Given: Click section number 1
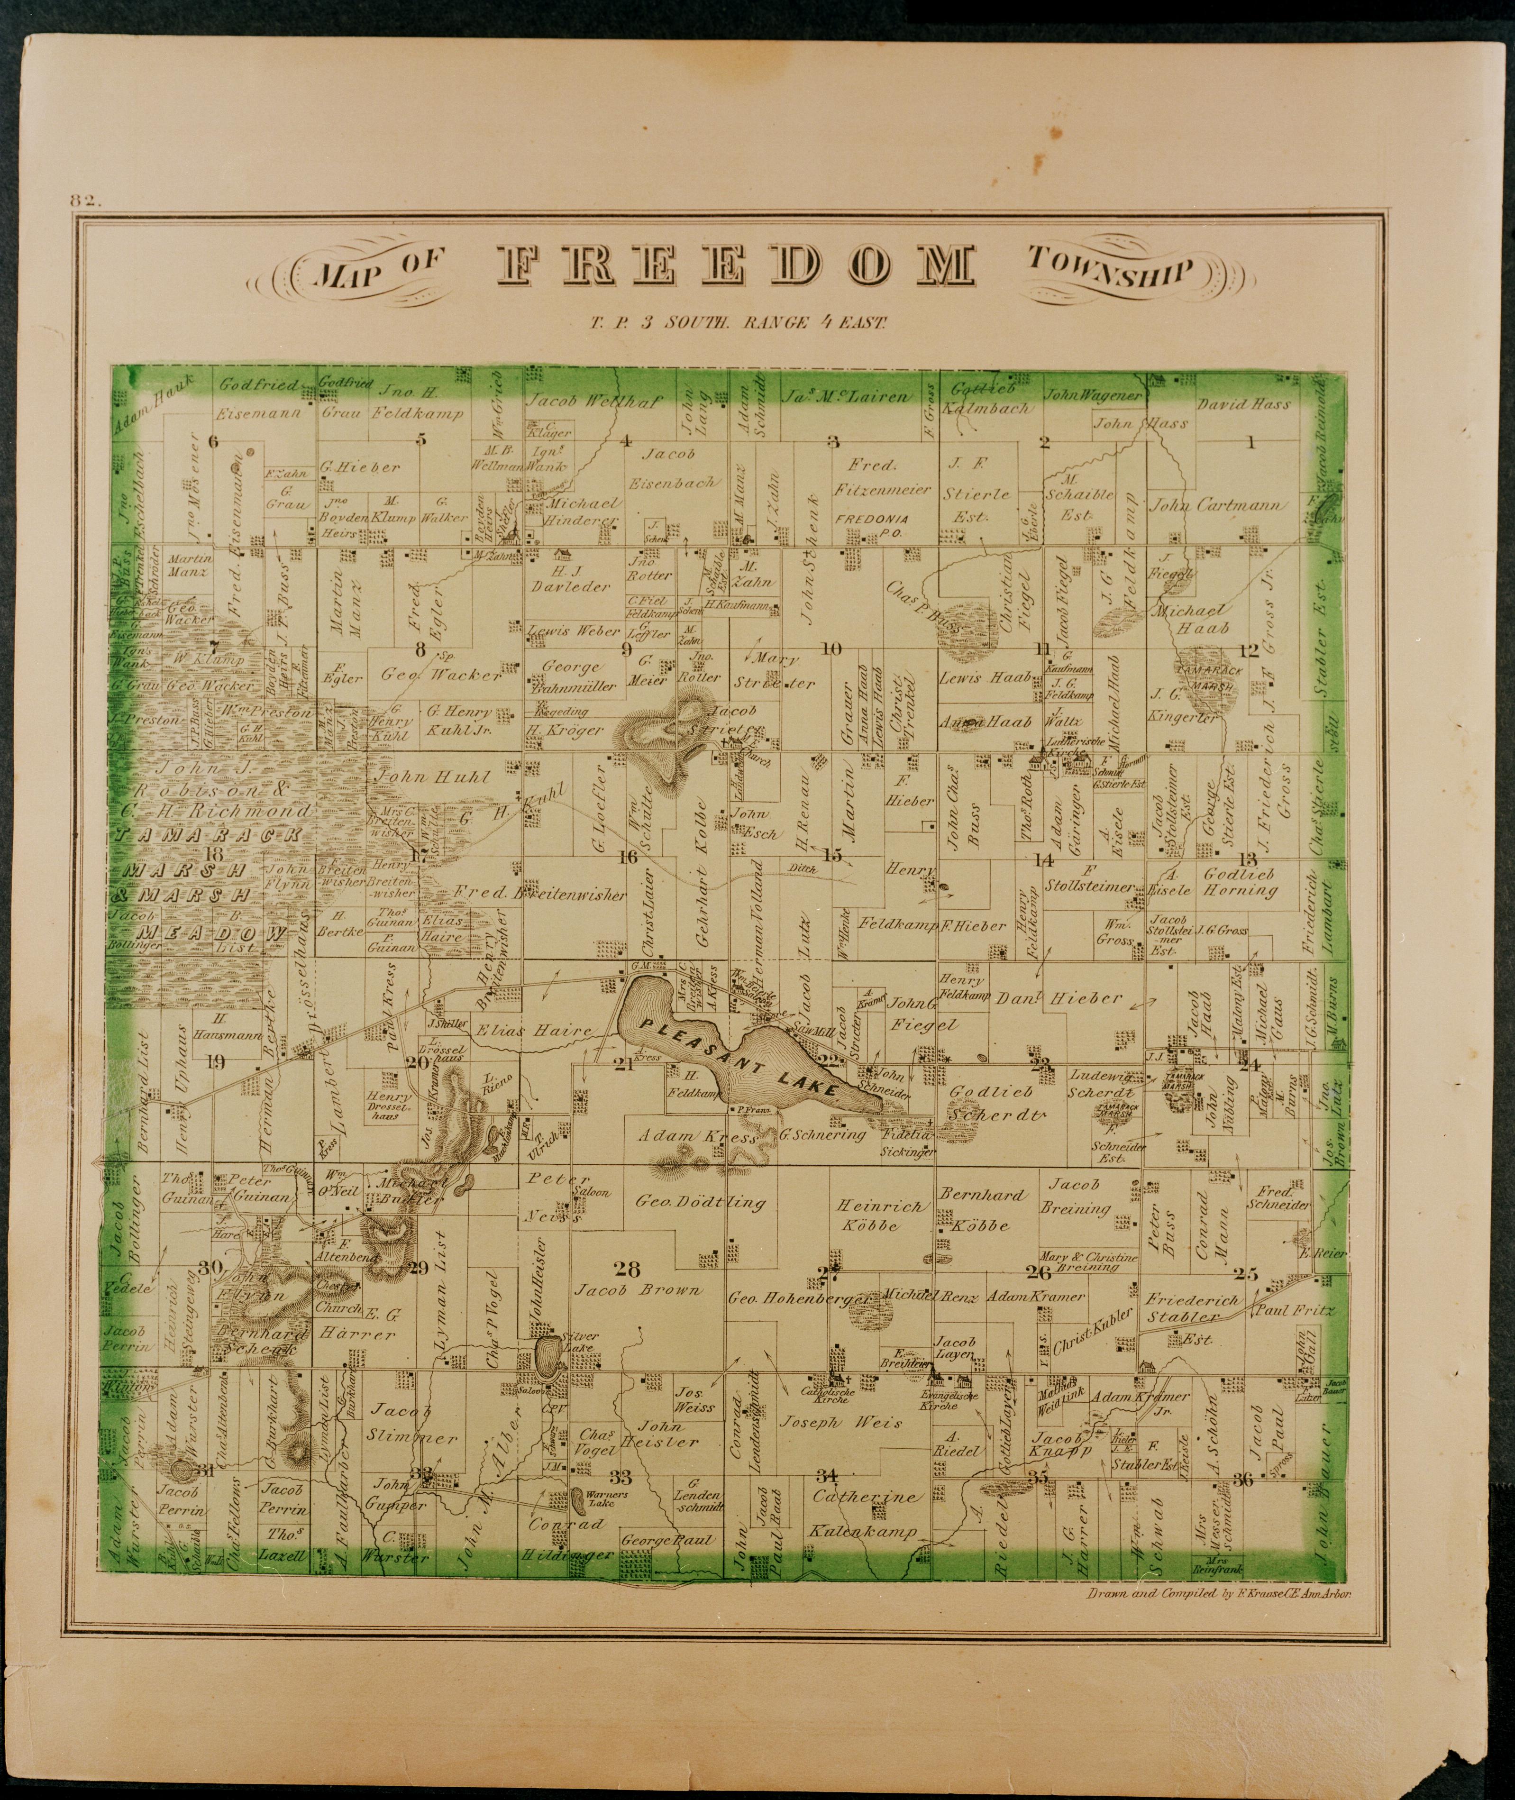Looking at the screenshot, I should [x=1250, y=443].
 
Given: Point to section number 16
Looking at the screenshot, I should [x=628, y=856].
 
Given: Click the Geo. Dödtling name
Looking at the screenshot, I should [x=700, y=1202].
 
